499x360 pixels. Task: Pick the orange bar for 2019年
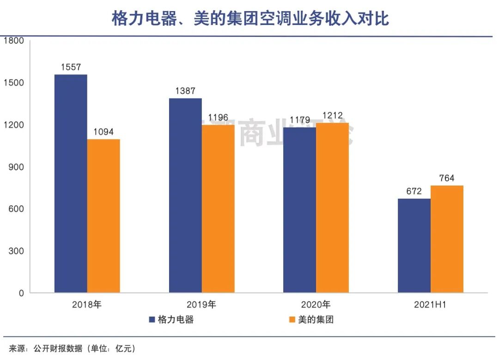tap(218, 208)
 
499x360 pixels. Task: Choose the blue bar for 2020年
tap(299, 210)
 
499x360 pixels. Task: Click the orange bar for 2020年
tap(332, 207)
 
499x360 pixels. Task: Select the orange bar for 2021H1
tap(447, 239)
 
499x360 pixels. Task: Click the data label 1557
tap(71, 67)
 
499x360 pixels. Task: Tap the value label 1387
tap(185, 91)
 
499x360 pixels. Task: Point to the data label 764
tap(447, 178)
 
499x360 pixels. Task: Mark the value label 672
tap(414, 191)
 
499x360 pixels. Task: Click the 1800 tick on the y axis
tap(13, 41)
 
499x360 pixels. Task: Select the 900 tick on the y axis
tap(16, 167)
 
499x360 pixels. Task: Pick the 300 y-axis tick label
tap(16, 251)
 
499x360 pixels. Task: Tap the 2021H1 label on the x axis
tap(431, 305)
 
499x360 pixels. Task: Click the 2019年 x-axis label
tap(201, 305)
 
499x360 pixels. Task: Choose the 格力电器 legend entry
tap(171, 319)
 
